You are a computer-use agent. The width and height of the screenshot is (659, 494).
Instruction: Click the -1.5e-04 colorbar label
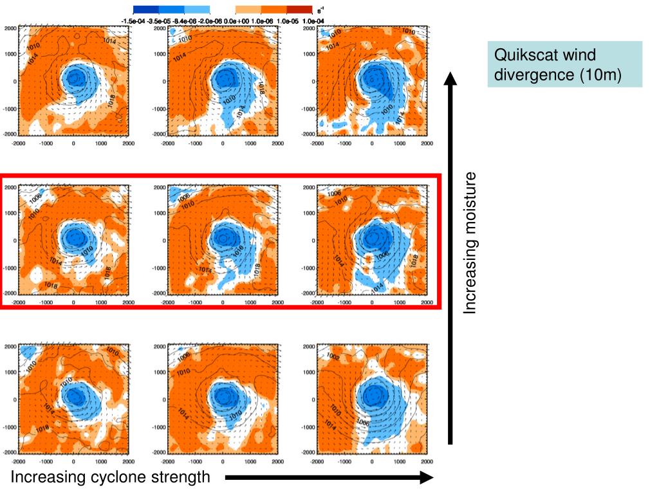tap(133, 21)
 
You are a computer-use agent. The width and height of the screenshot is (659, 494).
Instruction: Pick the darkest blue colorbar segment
tap(145, 10)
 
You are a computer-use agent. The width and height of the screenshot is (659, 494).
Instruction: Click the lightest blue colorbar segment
tap(197, 10)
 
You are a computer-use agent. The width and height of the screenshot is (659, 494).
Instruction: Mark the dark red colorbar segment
tap(299, 10)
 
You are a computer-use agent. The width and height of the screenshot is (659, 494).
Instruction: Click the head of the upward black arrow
tap(450, 79)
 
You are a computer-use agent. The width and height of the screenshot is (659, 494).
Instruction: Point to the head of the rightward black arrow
tap(427, 478)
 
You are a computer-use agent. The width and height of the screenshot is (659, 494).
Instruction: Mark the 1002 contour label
tap(334, 357)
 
